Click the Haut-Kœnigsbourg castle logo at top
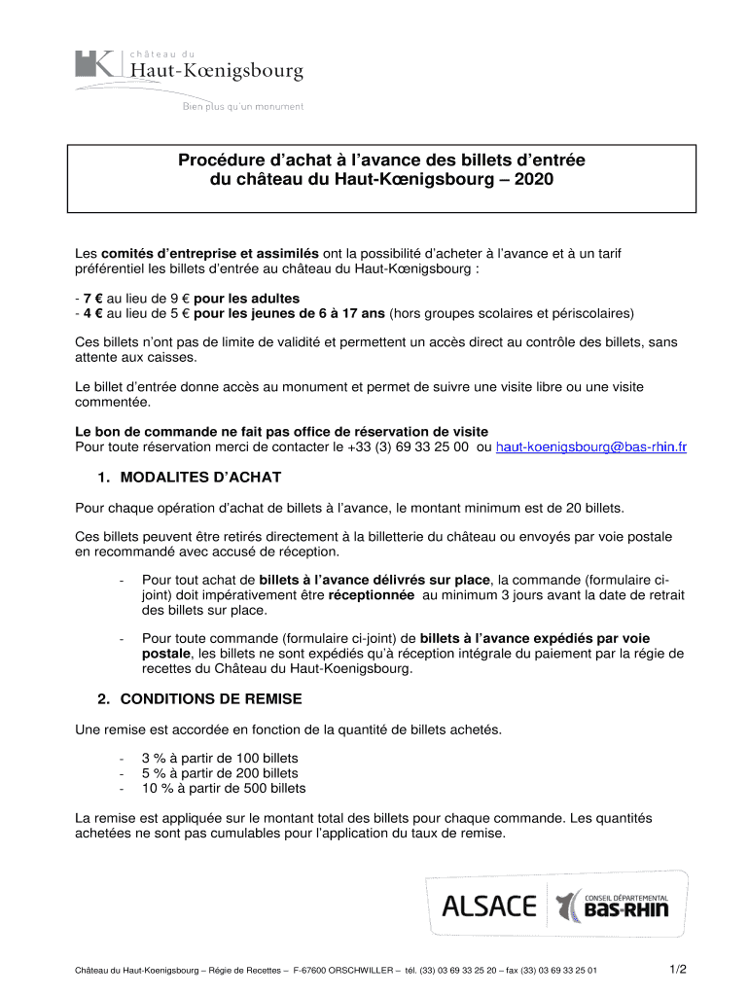click(190, 67)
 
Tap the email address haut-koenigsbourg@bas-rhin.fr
click(591, 447)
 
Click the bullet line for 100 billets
click(220, 758)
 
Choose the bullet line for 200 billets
click(220, 773)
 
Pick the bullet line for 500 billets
click(223, 788)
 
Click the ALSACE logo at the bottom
click(488, 907)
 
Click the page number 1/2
click(678, 970)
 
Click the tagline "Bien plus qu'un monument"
click(243, 107)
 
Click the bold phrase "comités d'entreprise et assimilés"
click(208, 254)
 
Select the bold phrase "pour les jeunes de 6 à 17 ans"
click(289, 313)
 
